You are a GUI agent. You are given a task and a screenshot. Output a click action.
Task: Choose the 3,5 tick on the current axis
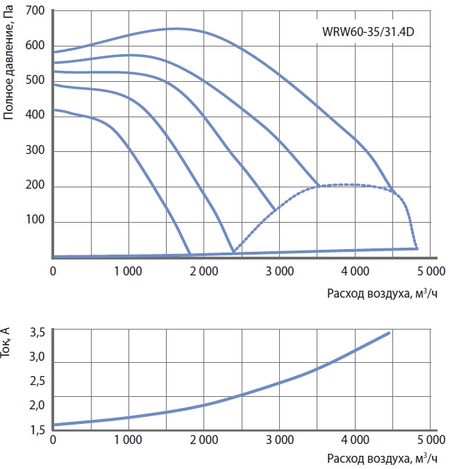tap(37, 333)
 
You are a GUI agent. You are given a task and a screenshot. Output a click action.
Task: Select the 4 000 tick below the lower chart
tap(355, 440)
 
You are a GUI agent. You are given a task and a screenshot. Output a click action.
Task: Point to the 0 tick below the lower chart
tap(53, 440)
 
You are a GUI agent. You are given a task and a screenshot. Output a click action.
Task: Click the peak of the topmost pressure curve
tap(175, 28)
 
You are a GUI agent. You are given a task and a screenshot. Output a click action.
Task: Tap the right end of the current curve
tap(389, 333)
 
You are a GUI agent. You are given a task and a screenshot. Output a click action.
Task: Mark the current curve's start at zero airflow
tap(54, 425)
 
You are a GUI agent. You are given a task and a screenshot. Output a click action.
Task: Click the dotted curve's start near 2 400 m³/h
tap(234, 252)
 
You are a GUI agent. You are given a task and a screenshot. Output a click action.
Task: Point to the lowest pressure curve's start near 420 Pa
tap(54, 110)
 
